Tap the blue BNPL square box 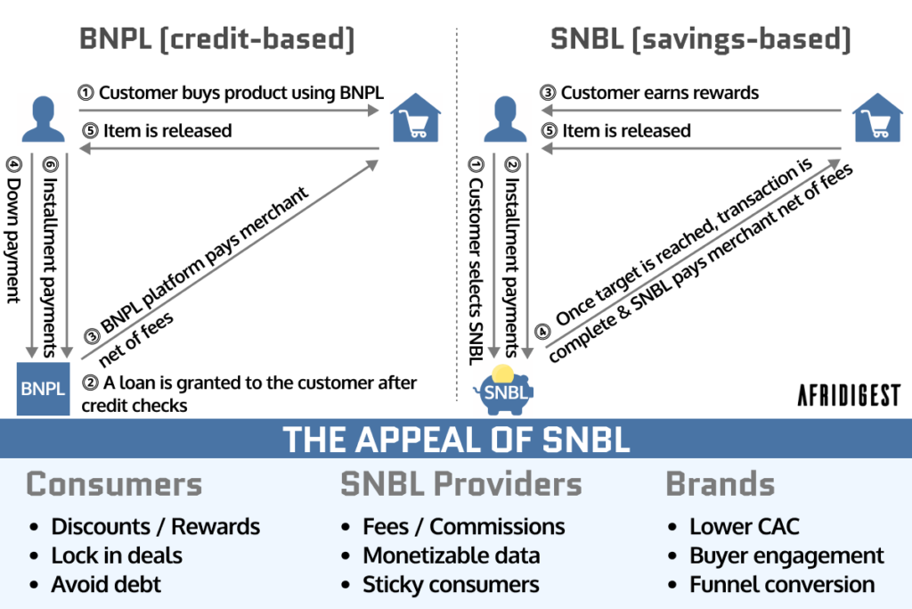click(43, 389)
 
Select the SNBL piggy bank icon click(504, 387)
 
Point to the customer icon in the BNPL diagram click(43, 120)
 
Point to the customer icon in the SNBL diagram click(504, 120)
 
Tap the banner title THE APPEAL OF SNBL click(455, 440)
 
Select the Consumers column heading click(114, 484)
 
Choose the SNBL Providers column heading click(460, 484)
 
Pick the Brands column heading click(720, 484)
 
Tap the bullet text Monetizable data click(451, 556)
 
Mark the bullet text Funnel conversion click(782, 585)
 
